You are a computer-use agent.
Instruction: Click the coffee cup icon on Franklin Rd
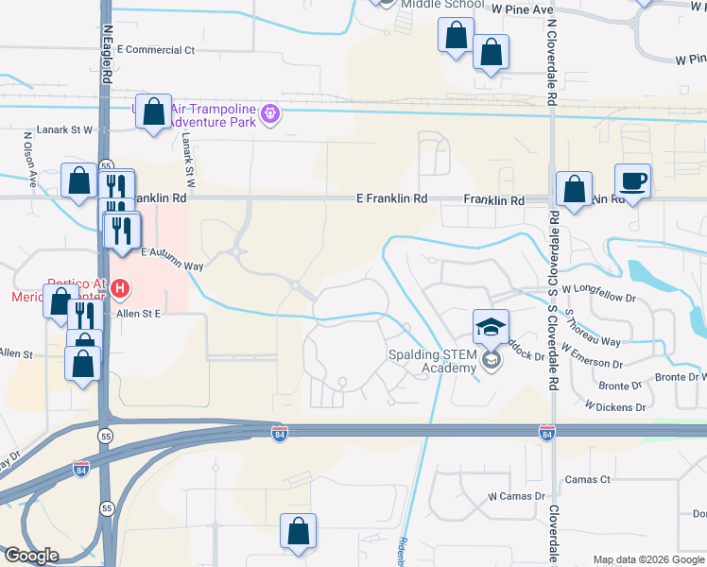(632, 180)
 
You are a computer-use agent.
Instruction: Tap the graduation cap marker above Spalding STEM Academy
(491, 327)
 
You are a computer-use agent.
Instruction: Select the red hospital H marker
(120, 287)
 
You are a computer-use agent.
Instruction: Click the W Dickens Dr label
(614, 407)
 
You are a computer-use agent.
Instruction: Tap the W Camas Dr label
(517, 496)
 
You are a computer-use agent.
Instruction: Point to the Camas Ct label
(587, 480)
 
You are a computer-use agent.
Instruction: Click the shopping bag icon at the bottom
(299, 532)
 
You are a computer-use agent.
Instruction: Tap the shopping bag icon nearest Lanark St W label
(153, 112)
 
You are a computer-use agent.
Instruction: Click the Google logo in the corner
(31, 556)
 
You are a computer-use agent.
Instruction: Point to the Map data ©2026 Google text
(647, 559)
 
